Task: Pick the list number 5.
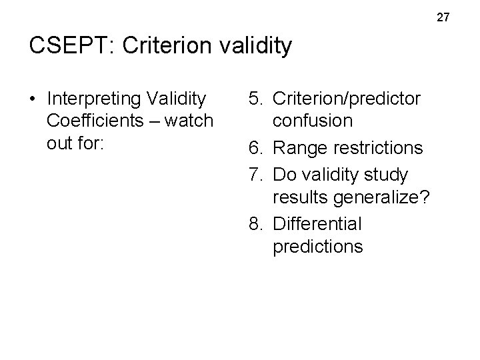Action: tap(255, 99)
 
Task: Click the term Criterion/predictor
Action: tap(347, 99)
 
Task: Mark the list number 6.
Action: tap(255, 147)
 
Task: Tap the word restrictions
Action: tap(380, 147)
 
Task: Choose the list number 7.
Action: tap(255, 174)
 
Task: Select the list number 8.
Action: tap(255, 223)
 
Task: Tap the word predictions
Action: tap(317, 247)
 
